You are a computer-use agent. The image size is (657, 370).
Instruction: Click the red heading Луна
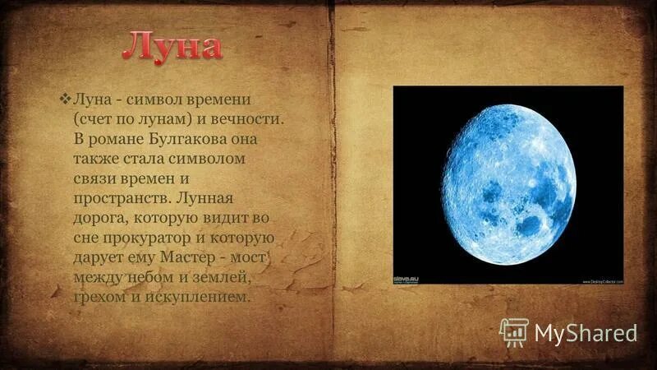[x=172, y=46]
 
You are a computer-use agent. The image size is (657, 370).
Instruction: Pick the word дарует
[x=100, y=257]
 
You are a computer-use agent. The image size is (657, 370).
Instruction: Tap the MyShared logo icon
[x=514, y=331]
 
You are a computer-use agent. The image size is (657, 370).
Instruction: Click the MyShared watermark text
[x=586, y=332]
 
